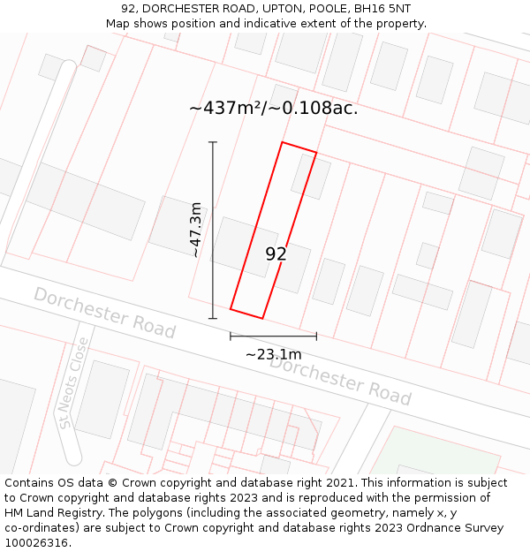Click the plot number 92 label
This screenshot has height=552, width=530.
276,254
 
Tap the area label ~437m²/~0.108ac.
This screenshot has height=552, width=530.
273,109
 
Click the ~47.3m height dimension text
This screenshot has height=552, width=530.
196,230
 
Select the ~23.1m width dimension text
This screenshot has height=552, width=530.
273,354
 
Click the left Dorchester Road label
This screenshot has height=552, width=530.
104,313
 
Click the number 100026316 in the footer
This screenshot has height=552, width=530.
37,543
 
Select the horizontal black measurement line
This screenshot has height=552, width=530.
273,336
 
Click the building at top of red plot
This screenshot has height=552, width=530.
310,176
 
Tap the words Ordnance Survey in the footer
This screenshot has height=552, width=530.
460,528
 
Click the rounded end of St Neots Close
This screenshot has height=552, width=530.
72,457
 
